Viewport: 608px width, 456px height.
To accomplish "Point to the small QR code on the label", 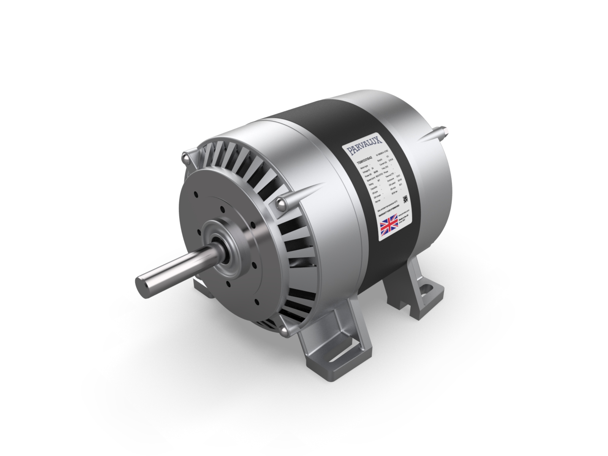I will [x=405, y=199].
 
